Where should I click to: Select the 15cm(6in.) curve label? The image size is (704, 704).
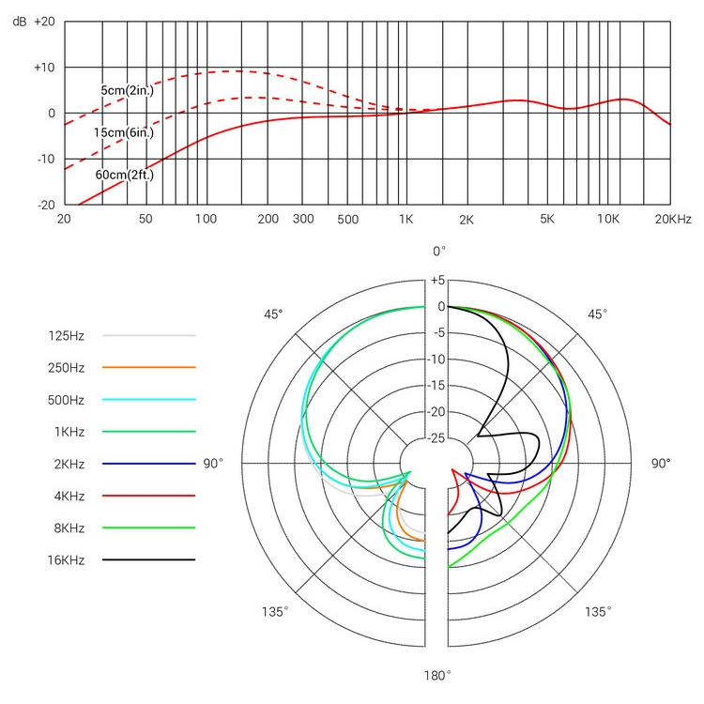123,132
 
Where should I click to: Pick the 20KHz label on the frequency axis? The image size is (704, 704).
672,219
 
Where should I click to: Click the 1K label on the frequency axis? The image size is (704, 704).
406,219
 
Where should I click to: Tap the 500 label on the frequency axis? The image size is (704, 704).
347,219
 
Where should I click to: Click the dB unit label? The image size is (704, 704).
19,21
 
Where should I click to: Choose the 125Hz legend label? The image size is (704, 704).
67,334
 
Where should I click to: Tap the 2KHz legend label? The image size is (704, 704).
67,463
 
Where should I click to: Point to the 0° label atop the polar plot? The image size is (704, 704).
438,251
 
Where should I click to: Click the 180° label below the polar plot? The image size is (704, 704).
436,675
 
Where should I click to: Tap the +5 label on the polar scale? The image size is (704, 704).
436,280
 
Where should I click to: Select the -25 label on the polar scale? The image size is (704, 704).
436,438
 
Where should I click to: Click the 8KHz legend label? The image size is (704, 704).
67,528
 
